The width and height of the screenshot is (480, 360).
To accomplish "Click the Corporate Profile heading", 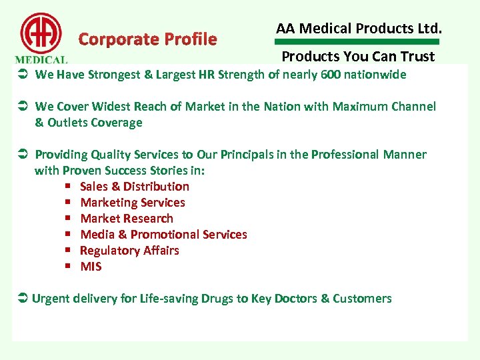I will (x=147, y=39).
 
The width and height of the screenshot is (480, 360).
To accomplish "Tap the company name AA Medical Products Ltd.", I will (x=359, y=28).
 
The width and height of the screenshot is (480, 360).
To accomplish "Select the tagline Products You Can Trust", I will (x=358, y=57).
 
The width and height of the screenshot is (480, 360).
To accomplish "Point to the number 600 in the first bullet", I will (x=329, y=75).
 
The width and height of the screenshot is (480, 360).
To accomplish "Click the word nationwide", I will (x=375, y=75).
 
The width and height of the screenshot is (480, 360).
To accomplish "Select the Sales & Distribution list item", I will (x=134, y=187).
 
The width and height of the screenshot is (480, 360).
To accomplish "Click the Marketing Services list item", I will (x=132, y=203).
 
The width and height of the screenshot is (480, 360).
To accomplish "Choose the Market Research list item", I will (x=126, y=219).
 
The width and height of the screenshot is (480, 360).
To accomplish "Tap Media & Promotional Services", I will (x=163, y=235).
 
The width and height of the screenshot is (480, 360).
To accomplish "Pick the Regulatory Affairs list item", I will (x=129, y=251).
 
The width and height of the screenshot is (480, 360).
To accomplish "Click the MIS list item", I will (x=91, y=267).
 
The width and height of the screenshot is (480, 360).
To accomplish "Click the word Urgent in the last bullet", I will (x=51, y=299).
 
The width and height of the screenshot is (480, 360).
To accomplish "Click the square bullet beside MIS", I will (x=68, y=267).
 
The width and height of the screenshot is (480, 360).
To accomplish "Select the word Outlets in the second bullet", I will (x=66, y=123).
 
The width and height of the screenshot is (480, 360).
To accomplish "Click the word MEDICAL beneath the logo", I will (x=41, y=59).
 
